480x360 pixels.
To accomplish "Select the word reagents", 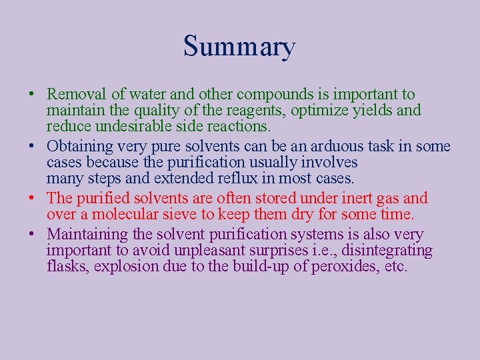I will coord(265,111).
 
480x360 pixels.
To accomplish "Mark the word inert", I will coord(371,199).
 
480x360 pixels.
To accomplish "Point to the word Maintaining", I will coord(87,235).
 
